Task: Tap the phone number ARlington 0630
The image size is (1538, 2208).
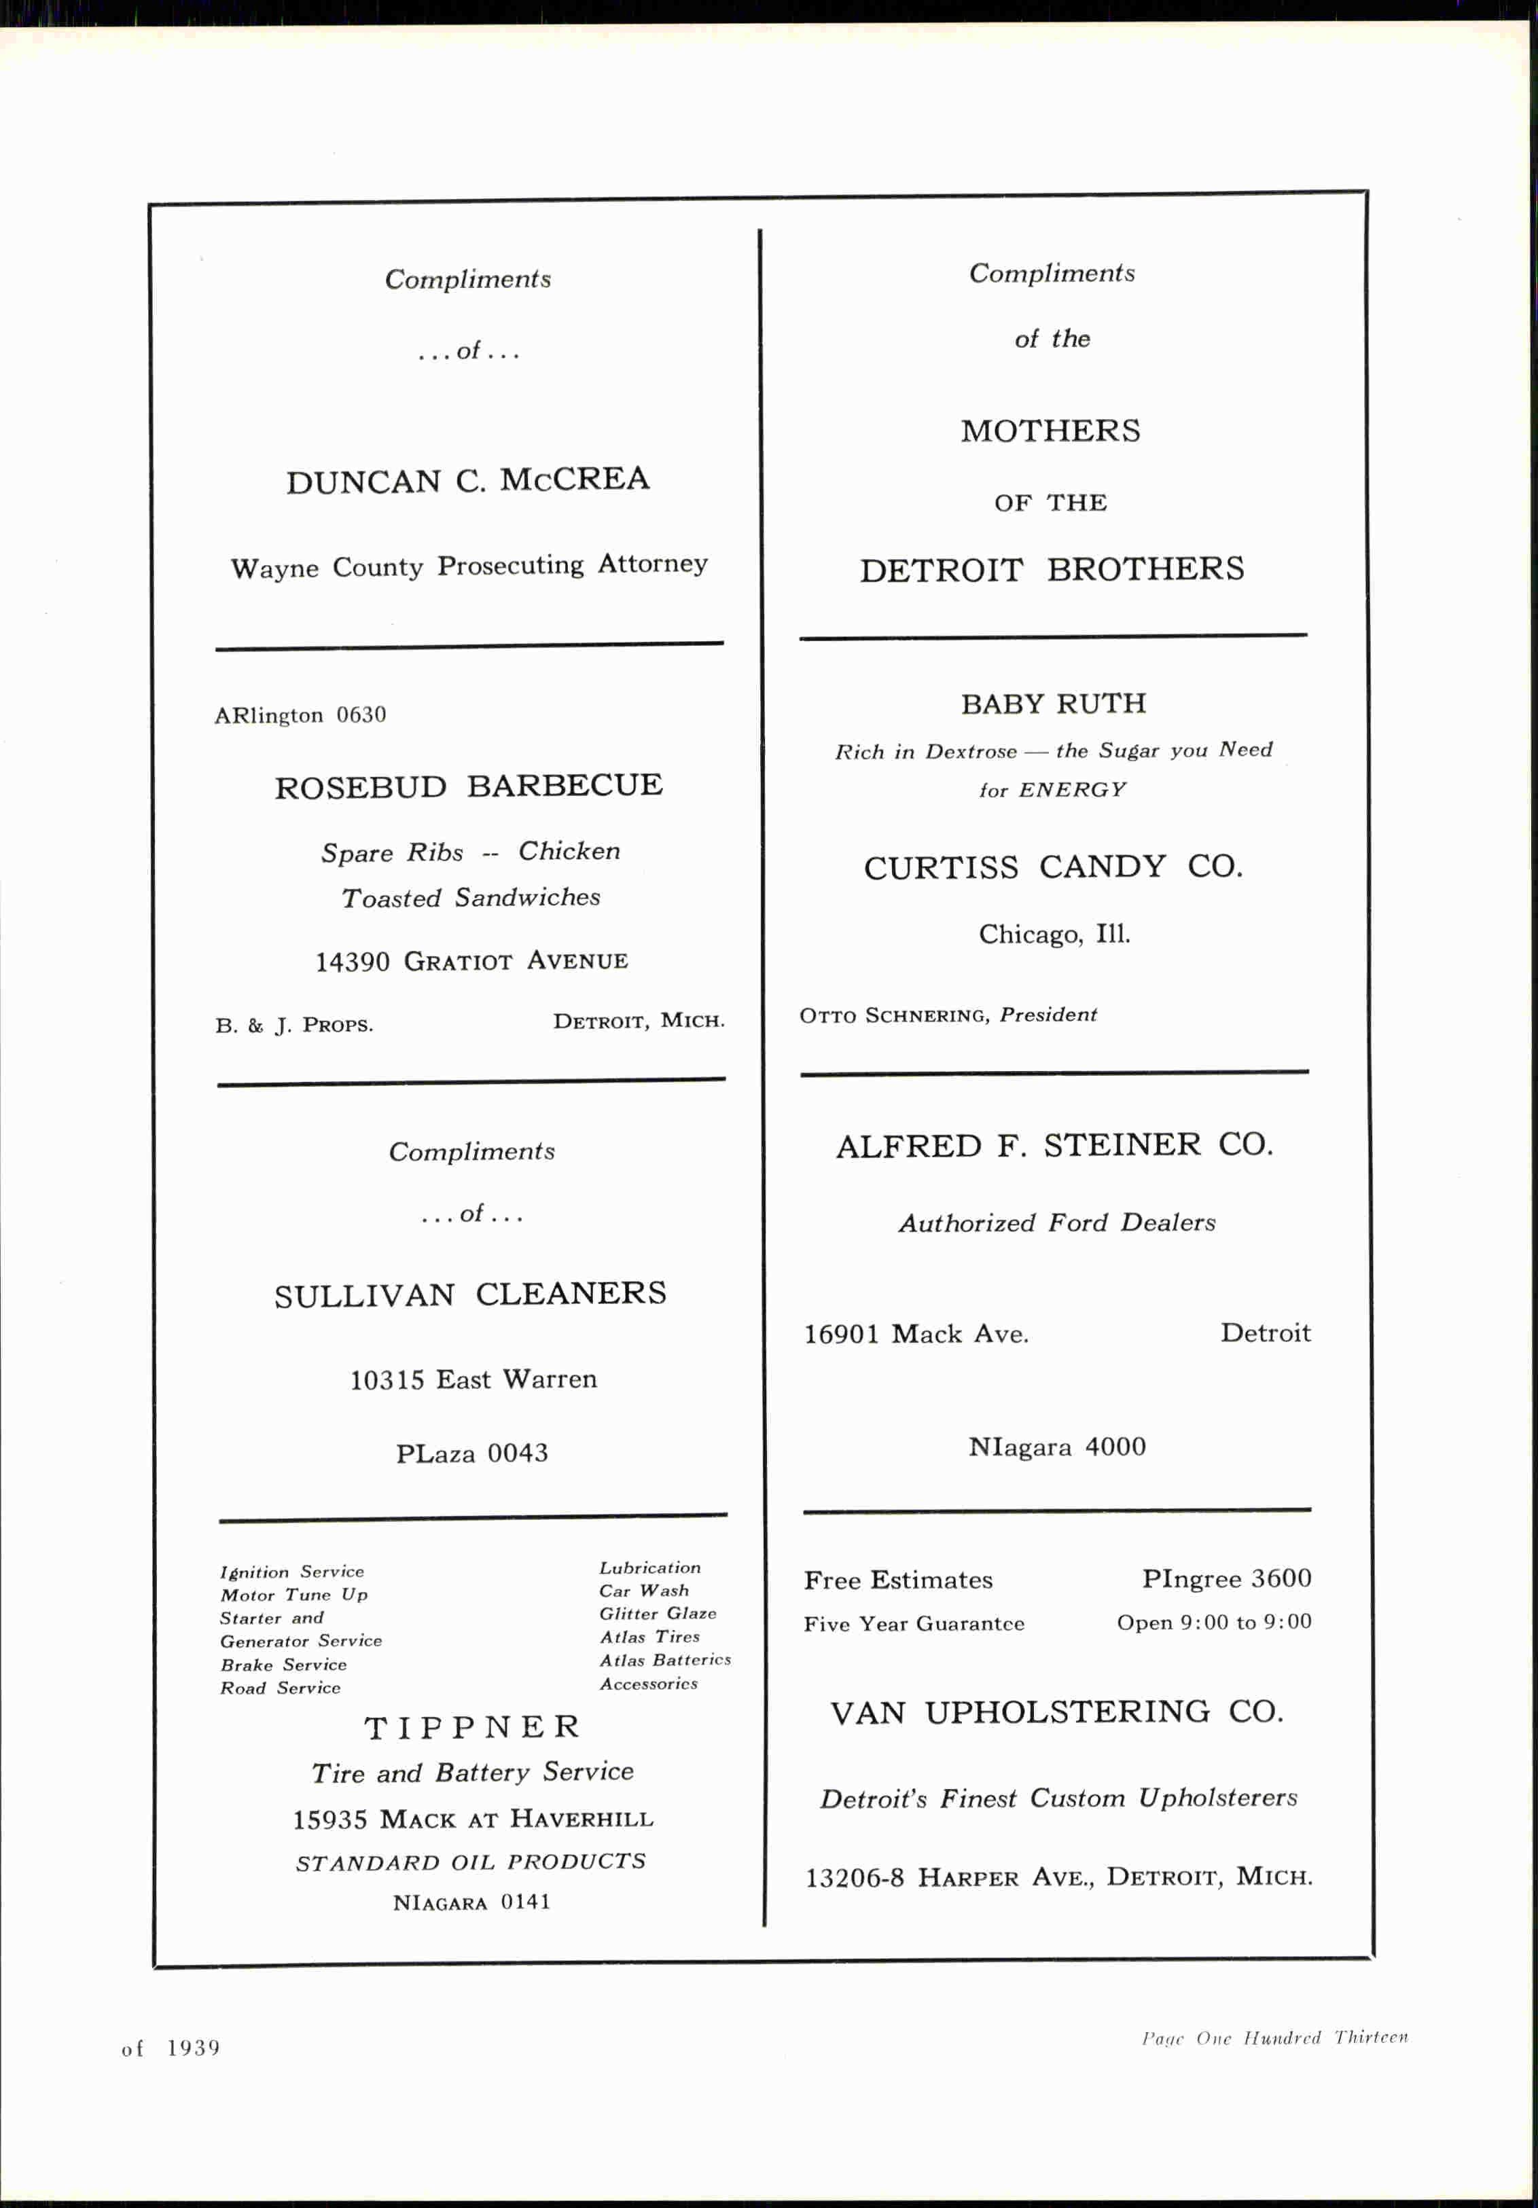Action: click(300, 714)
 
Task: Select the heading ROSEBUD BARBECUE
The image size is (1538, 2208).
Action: click(469, 786)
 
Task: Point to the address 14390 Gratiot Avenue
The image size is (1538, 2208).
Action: click(471, 961)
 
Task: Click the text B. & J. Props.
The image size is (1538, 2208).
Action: click(293, 1025)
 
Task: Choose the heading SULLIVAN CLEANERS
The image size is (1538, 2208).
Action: click(469, 1295)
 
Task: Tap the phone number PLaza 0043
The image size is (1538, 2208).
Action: click(471, 1452)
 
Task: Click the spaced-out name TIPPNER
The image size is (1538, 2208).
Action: click(471, 1727)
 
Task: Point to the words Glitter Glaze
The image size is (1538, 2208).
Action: click(657, 1614)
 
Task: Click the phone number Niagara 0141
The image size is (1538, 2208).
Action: click(471, 1902)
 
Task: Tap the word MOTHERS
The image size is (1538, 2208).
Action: click(1050, 431)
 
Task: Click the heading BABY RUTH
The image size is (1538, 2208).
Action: click(1053, 704)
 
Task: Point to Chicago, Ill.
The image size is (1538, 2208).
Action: click(1054, 934)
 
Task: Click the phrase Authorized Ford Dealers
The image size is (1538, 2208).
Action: click(1056, 1223)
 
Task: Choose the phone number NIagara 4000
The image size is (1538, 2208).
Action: click(1056, 1447)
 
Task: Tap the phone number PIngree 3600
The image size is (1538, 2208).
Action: click(1226, 1579)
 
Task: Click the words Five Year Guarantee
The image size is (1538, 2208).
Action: click(914, 1625)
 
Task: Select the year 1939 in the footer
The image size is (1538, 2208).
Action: click(194, 2048)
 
